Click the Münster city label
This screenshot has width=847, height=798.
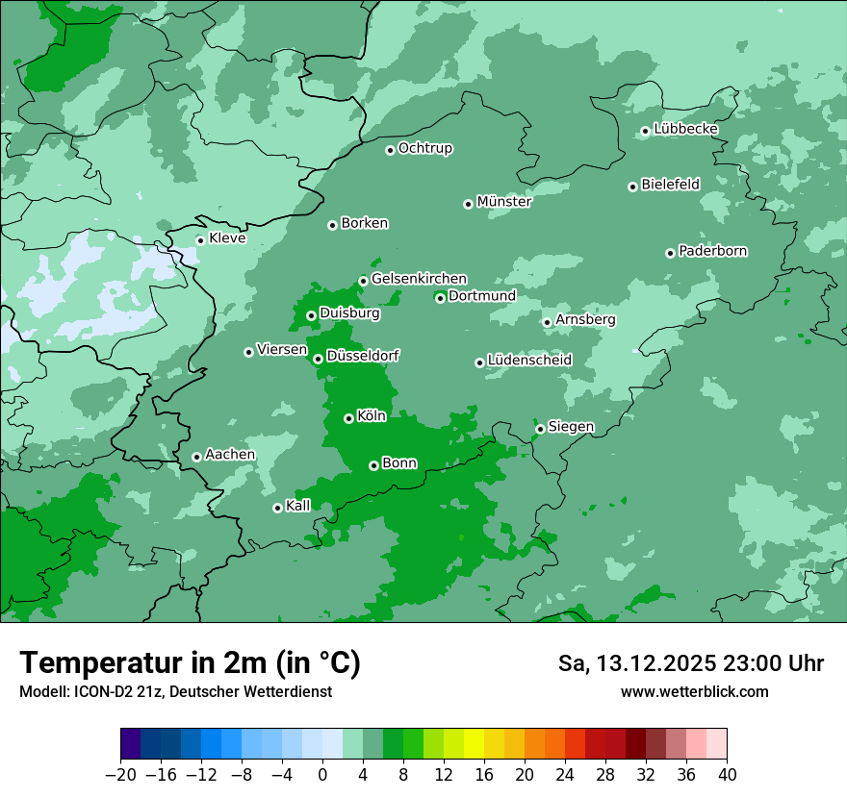[503, 202]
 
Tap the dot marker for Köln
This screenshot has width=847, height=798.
[348, 418]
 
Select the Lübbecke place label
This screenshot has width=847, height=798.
[685, 129]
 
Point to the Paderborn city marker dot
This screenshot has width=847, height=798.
[670, 253]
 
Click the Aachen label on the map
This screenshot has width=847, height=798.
[230, 455]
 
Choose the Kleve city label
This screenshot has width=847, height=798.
[227, 238]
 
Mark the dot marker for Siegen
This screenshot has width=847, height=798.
[540, 429]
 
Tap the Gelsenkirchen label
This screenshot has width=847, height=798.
[419, 279]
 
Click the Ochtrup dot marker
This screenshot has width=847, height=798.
[390, 150]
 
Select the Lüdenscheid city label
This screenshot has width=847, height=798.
[529, 361]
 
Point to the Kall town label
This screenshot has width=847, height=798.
[298, 506]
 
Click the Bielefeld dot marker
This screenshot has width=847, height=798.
[632, 187]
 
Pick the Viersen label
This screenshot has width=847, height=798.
[282, 350]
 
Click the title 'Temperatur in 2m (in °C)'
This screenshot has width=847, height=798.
[190, 662]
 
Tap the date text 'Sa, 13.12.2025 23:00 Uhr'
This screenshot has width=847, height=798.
[690, 663]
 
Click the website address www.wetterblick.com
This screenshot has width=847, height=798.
[694, 692]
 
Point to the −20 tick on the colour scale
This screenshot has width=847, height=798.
[121, 775]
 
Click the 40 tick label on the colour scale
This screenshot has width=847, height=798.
[727, 775]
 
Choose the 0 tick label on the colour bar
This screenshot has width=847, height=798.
[322, 775]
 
